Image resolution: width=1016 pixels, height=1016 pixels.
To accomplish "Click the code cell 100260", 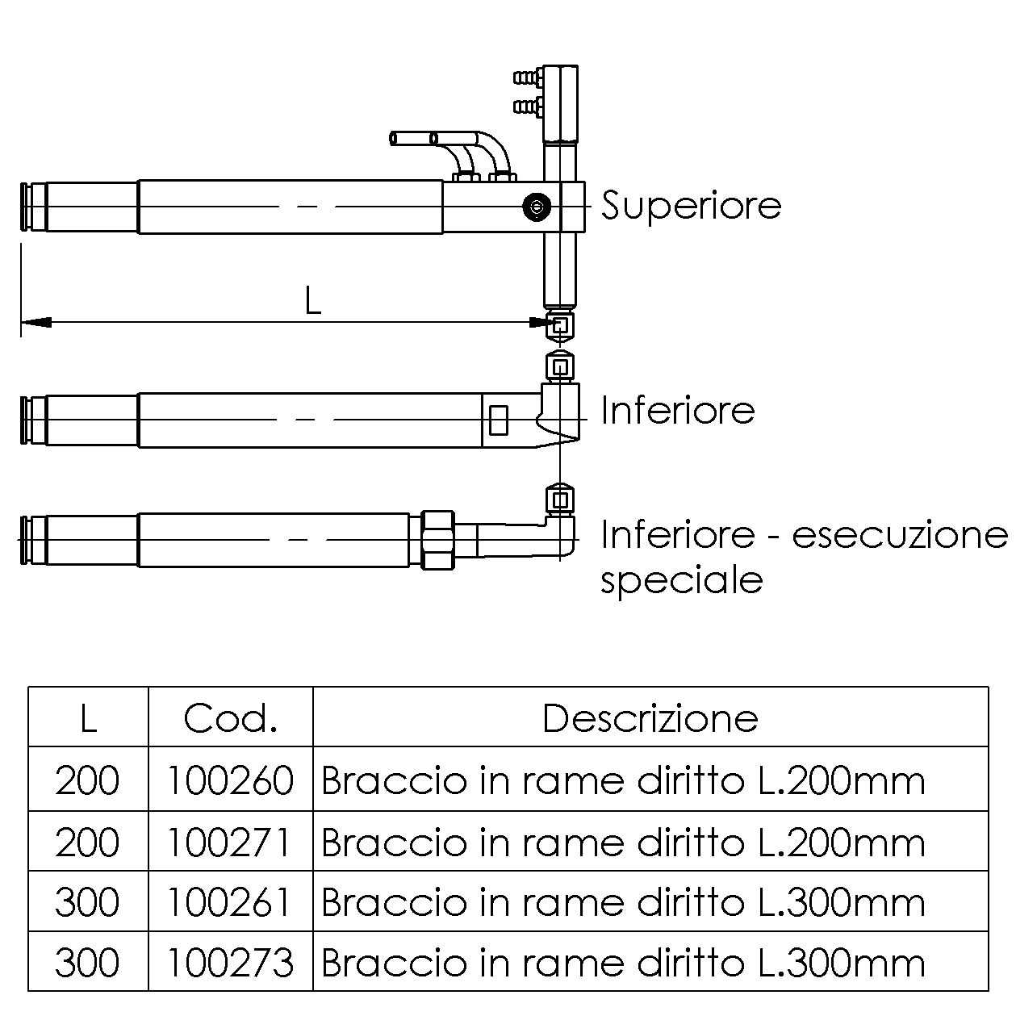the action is [230, 781].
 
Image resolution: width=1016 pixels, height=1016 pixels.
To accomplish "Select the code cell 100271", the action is [229, 842].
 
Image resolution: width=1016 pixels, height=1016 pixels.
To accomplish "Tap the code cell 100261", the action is [229, 902].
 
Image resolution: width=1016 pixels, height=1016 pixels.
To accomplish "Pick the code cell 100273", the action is [230, 963].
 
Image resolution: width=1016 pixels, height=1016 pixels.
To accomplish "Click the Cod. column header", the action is [231, 718].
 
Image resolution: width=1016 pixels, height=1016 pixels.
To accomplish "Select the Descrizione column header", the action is [650, 718].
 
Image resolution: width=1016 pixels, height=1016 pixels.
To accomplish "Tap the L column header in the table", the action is [89, 718].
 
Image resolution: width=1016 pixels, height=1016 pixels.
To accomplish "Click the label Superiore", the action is [692, 206].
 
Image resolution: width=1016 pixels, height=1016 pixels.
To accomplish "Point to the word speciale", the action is [682, 581].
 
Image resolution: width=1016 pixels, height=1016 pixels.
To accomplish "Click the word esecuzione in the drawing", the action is [900, 534].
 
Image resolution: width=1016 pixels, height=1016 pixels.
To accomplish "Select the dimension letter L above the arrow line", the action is [312, 301].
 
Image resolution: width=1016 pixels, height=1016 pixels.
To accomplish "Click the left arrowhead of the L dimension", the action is [36, 322].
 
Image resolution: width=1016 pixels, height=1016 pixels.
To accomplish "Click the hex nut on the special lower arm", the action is [437, 540].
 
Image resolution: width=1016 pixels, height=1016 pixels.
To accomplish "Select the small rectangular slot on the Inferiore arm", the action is [498, 420].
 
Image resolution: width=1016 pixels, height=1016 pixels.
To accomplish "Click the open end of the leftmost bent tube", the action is [393, 139].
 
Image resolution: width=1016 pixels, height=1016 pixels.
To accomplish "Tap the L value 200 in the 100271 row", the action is [87, 842].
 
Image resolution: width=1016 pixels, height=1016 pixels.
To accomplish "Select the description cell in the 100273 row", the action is [623, 963].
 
